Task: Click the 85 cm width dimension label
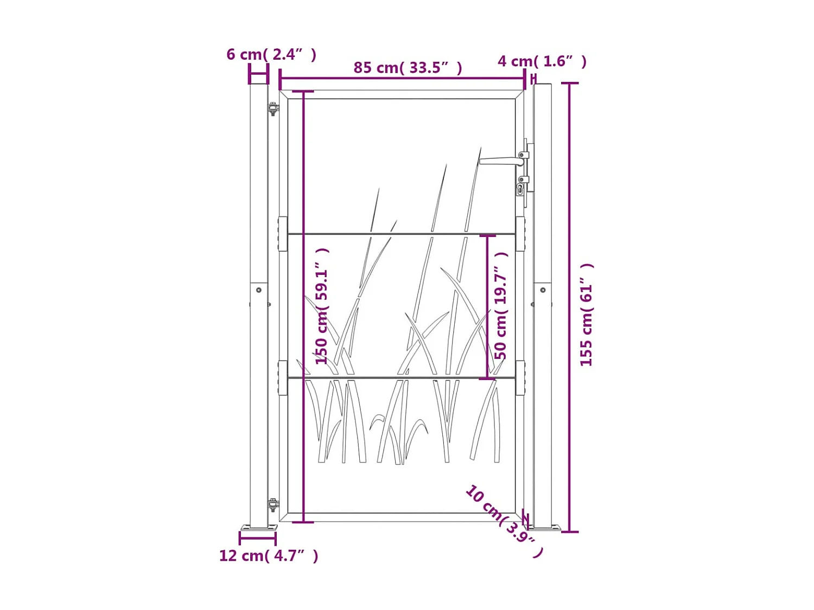[x=408, y=68]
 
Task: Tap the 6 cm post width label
[x=271, y=54]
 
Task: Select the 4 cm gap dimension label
[x=542, y=61]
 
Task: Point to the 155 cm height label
[x=586, y=314]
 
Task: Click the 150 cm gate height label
[x=322, y=306]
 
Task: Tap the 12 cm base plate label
[x=268, y=556]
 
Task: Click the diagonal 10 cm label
[x=504, y=521]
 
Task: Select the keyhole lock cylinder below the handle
[x=520, y=189]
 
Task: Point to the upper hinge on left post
[x=273, y=108]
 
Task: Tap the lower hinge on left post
[x=273, y=505]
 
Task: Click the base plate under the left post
[x=259, y=528]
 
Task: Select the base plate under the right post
[x=545, y=528]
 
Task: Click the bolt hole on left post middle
[x=259, y=290]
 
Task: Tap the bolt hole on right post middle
[x=543, y=290]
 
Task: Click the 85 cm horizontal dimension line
[x=402, y=79]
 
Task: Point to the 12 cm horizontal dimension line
[x=258, y=538]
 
